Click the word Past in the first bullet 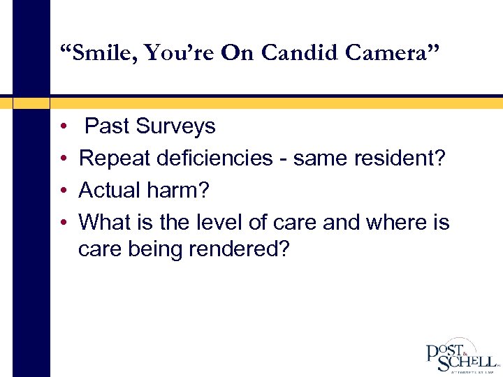pos(107,126)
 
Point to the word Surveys pos(175,126)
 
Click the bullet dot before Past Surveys pos(63,127)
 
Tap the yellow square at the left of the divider pos(31,103)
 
